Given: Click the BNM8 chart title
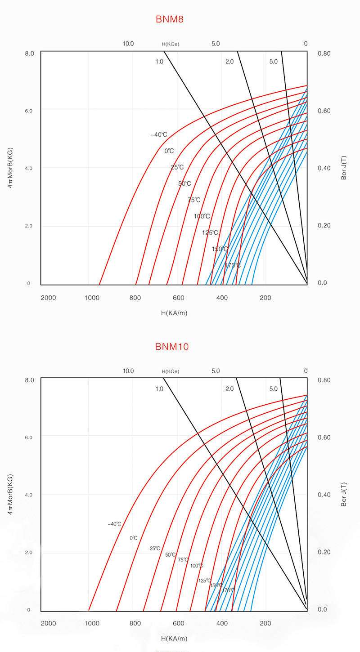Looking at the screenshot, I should point(170,19).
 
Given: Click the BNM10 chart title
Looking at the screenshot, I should point(171,346).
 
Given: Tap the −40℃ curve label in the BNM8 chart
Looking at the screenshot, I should point(159,134).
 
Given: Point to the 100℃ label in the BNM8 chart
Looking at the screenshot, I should point(202,216).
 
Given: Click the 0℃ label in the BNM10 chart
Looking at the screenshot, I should point(133,538).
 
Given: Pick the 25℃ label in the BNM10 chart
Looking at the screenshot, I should point(155,548).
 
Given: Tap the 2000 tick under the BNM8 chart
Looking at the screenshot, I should point(48,298).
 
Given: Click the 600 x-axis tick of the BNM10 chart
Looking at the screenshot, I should point(179,624).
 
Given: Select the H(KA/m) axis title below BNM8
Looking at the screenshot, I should point(174,313).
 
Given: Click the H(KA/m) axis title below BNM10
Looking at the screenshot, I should point(174,639).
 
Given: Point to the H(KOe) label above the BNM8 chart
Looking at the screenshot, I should point(171,44).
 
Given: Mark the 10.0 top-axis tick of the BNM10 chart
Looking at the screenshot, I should point(128,371).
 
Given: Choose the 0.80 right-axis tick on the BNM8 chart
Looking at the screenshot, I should point(324,54).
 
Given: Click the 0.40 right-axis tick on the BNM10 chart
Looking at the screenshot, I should point(324,495).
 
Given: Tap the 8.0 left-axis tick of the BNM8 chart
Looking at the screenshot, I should point(30,54).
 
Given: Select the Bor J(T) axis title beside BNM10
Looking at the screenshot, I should point(344,495).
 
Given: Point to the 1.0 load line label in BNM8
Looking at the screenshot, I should point(159,62).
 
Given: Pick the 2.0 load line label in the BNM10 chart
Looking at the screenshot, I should point(229,389).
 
